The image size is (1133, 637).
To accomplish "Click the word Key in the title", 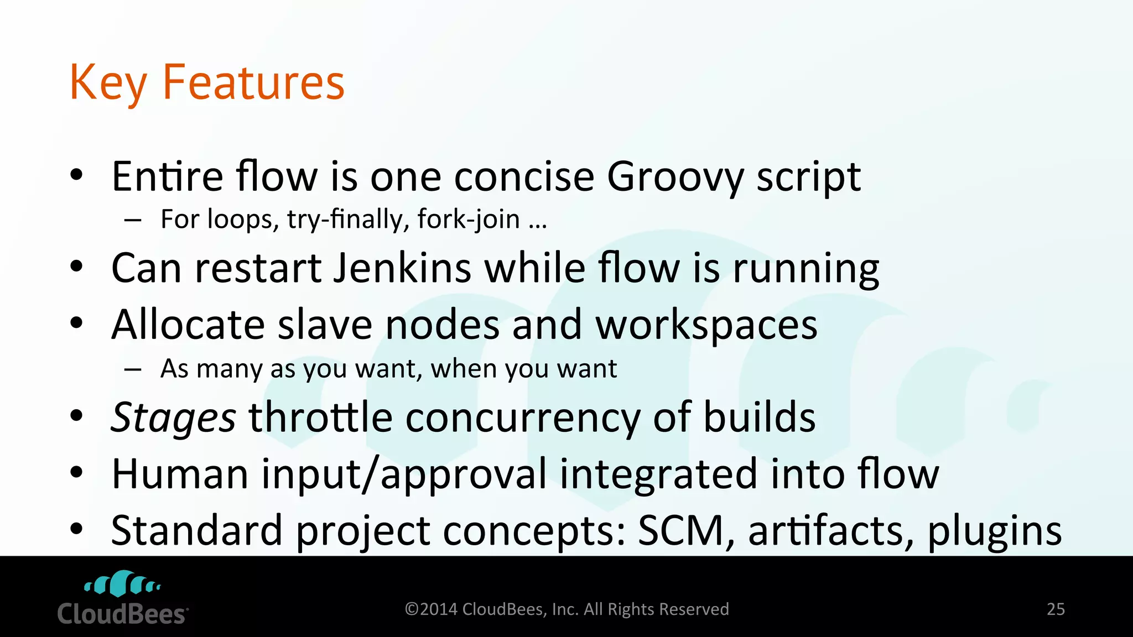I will pos(108,83).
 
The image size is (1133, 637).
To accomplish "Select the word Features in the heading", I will pos(253,82).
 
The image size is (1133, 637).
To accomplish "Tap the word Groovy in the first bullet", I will pos(675,177).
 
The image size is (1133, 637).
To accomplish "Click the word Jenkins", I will pos(402,268).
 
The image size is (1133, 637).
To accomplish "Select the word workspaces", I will pos(706,325).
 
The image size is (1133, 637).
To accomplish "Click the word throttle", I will pos(320,417).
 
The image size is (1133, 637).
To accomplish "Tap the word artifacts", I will pos(831,530).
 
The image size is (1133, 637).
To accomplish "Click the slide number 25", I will pos(1056,609).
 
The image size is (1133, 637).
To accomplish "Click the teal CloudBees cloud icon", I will pos(122,584).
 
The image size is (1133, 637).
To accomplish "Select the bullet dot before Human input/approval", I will pos(76,472).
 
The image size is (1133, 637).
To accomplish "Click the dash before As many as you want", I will pos(133,369).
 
